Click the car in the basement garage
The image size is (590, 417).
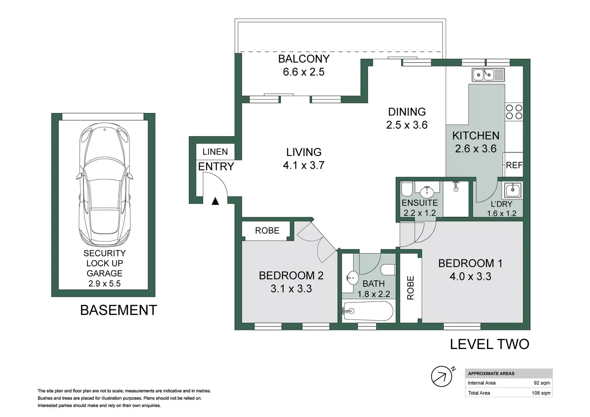[x=105, y=184]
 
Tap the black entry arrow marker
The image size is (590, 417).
[x=216, y=201]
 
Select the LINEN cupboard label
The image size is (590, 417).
[x=215, y=152]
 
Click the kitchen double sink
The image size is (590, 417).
[x=488, y=75]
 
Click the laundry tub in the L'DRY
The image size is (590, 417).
[x=513, y=190]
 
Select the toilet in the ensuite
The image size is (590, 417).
[x=407, y=189]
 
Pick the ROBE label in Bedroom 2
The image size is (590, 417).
[x=267, y=231]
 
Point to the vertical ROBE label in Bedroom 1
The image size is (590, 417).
[x=410, y=288]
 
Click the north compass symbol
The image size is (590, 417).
[x=442, y=376]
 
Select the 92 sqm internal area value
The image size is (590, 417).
[x=542, y=383]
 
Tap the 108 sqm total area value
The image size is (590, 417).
[x=541, y=393]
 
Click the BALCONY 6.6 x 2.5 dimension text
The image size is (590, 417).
[x=304, y=72]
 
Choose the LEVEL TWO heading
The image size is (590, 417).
[x=489, y=344]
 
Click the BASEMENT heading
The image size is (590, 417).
[x=119, y=310]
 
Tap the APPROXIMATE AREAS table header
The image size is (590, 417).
[x=491, y=374]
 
